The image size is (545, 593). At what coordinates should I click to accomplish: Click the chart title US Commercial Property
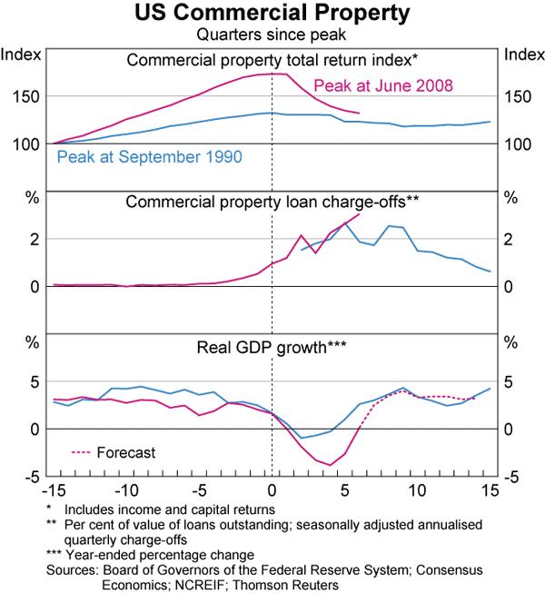click(x=272, y=15)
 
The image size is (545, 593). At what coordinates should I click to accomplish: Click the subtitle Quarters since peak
click(x=272, y=35)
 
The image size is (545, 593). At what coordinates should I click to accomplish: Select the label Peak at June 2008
click(x=382, y=87)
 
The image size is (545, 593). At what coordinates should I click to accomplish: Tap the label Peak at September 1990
click(x=149, y=157)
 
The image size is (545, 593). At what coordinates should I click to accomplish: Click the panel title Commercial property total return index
click(x=272, y=61)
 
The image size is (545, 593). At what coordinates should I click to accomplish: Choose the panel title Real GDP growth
click(x=272, y=346)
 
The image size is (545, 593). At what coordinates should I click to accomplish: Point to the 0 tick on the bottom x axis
click(x=272, y=490)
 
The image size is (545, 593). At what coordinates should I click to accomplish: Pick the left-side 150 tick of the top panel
click(x=25, y=97)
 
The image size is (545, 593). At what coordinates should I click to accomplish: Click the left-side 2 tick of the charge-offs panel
click(x=35, y=240)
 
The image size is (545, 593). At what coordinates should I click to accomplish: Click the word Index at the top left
click(x=21, y=54)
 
